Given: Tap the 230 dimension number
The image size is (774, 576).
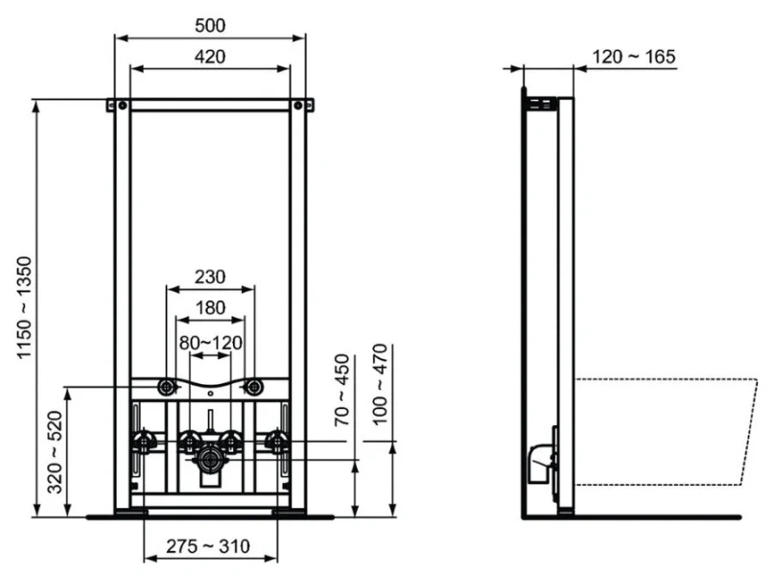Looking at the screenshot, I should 209,276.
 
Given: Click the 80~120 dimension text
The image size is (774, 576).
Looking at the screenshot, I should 211,342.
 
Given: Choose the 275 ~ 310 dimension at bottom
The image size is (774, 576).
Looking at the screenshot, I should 210,546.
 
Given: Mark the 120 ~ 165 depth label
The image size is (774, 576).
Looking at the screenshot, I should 633,57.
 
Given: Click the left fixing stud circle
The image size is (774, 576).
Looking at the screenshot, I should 167,387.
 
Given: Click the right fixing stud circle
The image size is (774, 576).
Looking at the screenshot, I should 254,387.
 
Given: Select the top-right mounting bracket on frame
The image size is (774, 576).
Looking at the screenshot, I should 302,105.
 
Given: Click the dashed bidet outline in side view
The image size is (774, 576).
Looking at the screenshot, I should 671,432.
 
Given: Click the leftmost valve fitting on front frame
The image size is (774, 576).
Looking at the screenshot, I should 144,441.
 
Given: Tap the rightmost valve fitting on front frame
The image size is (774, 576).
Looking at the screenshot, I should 277,441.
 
